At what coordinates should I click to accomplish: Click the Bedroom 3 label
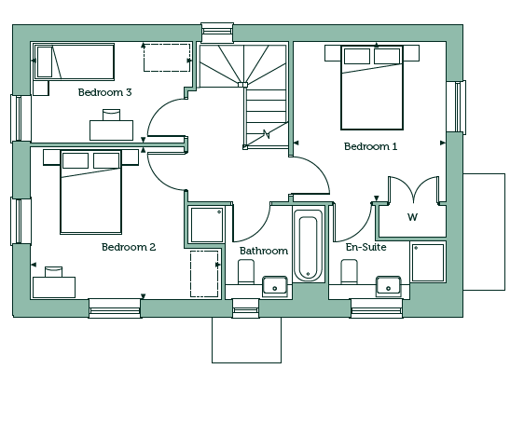(105, 92)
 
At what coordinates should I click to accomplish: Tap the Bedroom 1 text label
(370, 146)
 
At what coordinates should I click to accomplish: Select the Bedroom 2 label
(129, 247)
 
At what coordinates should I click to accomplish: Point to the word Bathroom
(264, 251)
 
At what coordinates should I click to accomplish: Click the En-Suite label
(365, 247)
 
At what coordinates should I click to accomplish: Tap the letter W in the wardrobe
(413, 217)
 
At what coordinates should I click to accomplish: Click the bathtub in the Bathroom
(308, 245)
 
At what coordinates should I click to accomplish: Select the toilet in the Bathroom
(246, 272)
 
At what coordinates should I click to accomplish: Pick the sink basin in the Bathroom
(275, 286)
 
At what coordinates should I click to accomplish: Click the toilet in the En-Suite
(349, 272)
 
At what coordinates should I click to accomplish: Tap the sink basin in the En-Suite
(388, 286)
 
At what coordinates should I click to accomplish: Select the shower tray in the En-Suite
(428, 263)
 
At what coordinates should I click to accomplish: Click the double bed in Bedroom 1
(372, 88)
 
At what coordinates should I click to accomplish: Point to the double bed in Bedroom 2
(90, 192)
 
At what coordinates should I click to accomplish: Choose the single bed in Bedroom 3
(75, 61)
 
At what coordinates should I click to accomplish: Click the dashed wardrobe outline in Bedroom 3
(167, 58)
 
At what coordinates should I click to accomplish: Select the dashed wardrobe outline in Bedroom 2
(204, 274)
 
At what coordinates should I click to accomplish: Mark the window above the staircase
(217, 33)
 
